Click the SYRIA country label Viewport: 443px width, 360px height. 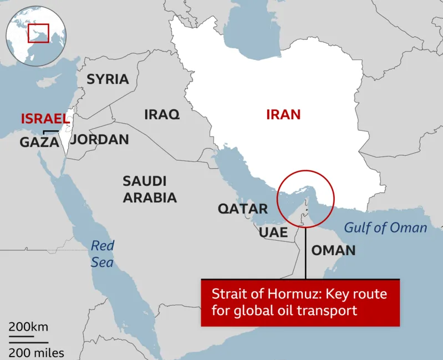point(108,79)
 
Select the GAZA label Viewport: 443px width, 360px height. point(39,143)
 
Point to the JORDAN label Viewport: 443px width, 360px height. point(100,139)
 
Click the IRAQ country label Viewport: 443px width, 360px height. point(162,115)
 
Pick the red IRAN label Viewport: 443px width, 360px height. point(283,115)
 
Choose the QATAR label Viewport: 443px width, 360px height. point(242,209)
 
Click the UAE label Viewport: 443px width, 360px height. point(273,232)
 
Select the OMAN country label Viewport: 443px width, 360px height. point(333,250)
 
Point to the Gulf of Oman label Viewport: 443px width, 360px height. point(386,227)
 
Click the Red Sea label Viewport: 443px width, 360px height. point(102,253)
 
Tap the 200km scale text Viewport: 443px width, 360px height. point(28,327)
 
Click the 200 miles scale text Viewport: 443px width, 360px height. point(36,352)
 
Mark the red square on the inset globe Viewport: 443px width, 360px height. point(39,33)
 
